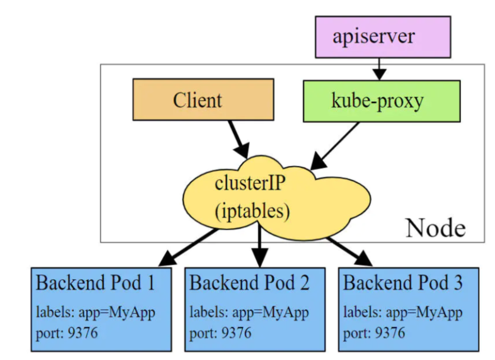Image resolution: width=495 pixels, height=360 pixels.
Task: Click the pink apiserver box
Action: click(x=383, y=37)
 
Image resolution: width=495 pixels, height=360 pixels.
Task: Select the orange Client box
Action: click(x=203, y=99)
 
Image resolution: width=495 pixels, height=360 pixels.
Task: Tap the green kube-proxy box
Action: click(x=382, y=101)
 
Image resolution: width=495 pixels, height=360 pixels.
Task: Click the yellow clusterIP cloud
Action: click(x=277, y=198)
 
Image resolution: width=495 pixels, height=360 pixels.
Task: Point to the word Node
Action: click(x=436, y=228)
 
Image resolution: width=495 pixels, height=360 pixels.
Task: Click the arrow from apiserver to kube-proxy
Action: click(x=379, y=69)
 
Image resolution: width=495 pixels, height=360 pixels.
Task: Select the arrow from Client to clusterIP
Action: click(x=239, y=139)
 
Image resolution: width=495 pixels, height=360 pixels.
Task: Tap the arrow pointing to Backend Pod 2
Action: click(x=259, y=245)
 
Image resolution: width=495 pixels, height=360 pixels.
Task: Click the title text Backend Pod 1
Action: click(x=95, y=282)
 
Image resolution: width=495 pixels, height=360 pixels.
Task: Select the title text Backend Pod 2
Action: click(x=249, y=282)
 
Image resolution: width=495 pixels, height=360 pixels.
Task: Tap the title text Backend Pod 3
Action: click(x=402, y=282)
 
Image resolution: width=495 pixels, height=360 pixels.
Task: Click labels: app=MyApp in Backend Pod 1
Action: click(x=95, y=312)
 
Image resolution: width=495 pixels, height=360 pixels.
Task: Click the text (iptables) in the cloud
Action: click(x=252, y=211)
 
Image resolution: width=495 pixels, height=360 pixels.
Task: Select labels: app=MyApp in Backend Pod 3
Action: click(x=403, y=312)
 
